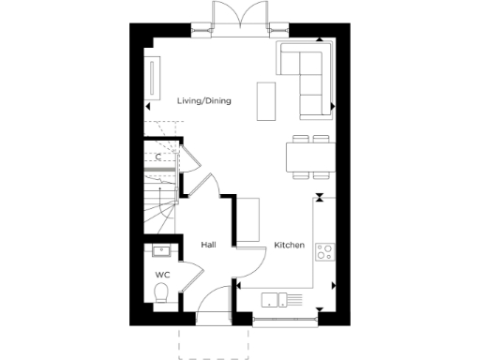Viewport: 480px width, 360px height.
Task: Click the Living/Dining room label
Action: [x=203, y=101]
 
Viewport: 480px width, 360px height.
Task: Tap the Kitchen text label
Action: [x=289, y=245]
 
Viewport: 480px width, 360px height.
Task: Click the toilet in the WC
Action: [x=161, y=294]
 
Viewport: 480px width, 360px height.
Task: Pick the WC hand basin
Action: [x=159, y=250]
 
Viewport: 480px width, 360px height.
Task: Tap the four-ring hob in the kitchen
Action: [x=325, y=250]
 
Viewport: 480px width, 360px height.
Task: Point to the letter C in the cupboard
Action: [x=158, y=157]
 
